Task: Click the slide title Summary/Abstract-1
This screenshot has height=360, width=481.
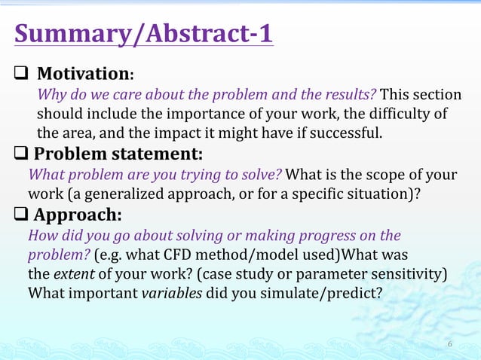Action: point(143,34)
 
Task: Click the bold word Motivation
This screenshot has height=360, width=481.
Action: point(84,75)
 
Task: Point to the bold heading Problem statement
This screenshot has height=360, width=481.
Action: point(118,154)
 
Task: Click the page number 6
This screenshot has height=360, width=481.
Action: point(450,344)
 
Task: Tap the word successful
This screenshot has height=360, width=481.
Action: point(348,134)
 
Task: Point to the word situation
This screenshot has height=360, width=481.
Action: point(382,194)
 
